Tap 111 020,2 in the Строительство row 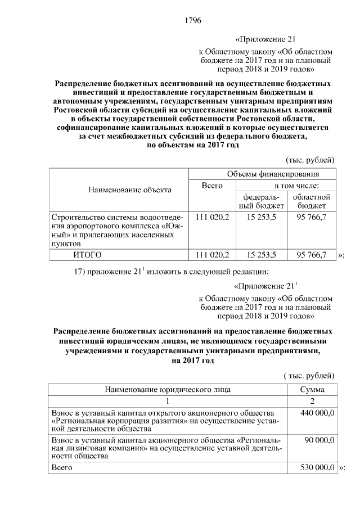click(212, 217)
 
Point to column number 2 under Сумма click(311, 401)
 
